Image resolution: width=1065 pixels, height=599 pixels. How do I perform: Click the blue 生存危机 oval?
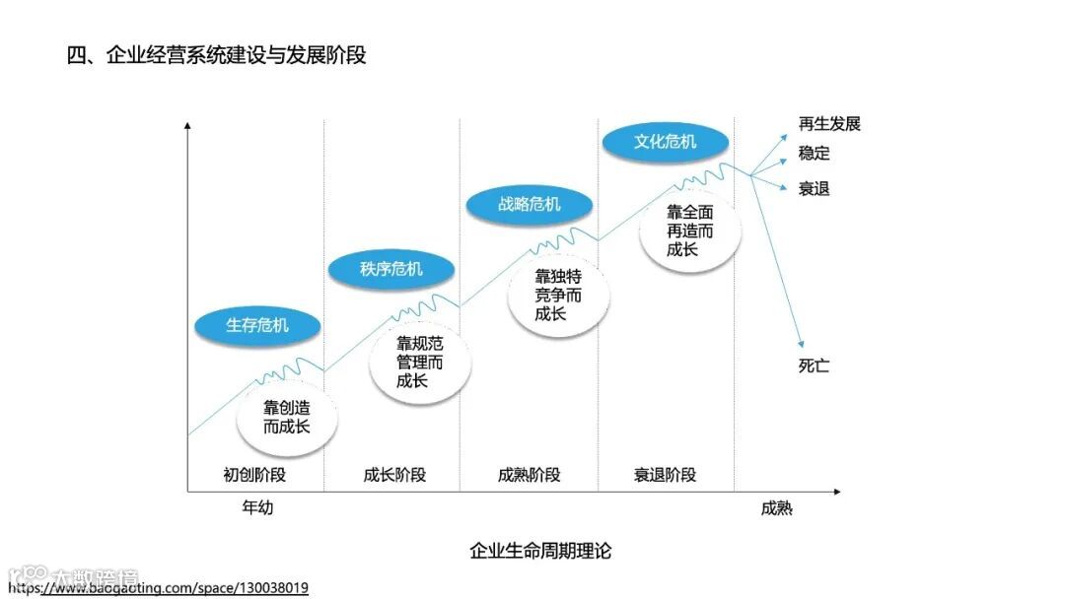click(257, 325)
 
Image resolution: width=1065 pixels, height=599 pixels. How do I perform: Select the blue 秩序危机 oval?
click(391, 269)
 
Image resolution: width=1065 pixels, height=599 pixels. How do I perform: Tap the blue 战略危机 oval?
click(530, 204)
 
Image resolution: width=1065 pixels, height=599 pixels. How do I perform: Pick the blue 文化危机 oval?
click(665, 142)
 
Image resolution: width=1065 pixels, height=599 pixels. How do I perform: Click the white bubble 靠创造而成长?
click(287, 418)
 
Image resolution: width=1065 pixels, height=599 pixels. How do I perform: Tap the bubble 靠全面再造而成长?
click(689, 232)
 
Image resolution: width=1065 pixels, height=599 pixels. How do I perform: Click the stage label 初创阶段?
click(255, 475)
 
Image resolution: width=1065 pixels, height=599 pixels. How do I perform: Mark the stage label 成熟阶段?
click(530, 475)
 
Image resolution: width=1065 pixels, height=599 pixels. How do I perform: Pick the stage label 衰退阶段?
click(665, 475)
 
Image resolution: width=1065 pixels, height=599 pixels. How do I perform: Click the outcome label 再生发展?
click(829, 124)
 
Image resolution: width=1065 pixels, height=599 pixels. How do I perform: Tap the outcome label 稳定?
click(814, 154)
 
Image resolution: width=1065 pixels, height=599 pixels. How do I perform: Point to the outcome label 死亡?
click(814, 366)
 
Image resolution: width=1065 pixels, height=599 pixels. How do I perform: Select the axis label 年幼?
click(256, 508)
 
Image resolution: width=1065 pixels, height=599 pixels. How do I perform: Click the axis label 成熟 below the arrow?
click(776, 508)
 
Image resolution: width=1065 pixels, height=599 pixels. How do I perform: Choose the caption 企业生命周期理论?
click(540, 551)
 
